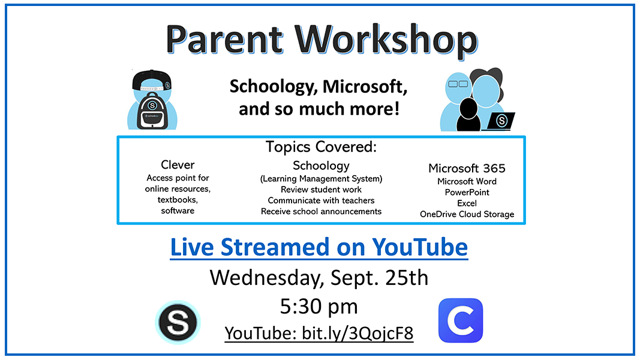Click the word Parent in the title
(x=224, y=39)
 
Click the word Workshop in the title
(x=386, y=39)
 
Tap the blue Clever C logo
(x=461, y=320)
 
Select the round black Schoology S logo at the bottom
(x=178, y=322)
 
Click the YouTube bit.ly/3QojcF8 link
(x=319, y=333)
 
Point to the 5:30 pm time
(x=319, y=306)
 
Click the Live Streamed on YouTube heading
(x=319, y=247)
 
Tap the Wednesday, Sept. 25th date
(x=319, y=278)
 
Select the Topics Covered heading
(x=321, y=147)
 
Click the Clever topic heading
(x=178, y=164)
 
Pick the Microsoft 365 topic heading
(x=467, y=168)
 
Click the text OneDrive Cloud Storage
(x=467, y=214)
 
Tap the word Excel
(x=467, y=203)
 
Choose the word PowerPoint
(x=467, y=192)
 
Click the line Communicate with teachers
(x=321, y=200)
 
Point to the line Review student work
(x=321, y=190)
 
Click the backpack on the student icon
(x=152, y=112)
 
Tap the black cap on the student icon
(x=151, y=80)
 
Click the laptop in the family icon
(x=499, y=121)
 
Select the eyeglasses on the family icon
(x=458, y=84)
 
